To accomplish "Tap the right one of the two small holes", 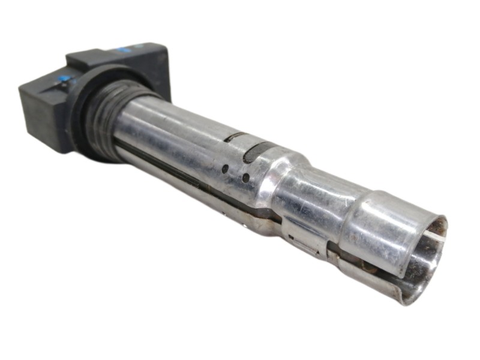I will (x=245, y=178).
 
